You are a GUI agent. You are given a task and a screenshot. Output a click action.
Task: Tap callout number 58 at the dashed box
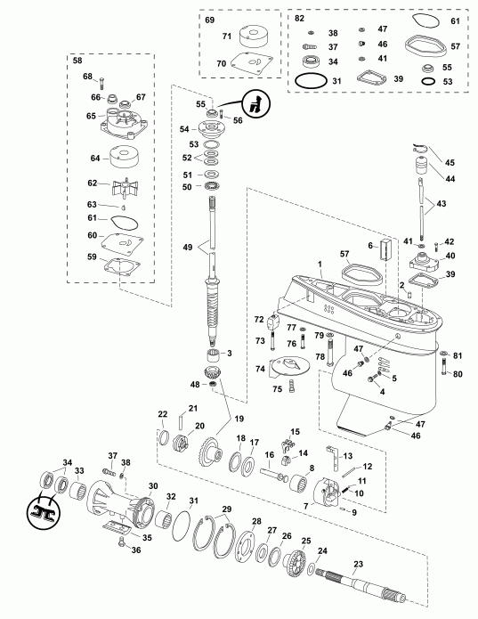76,61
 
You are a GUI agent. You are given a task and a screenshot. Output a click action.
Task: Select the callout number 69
210,19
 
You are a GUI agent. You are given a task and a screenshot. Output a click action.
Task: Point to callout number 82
298,19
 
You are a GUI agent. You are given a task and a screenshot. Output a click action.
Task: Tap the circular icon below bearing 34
41,509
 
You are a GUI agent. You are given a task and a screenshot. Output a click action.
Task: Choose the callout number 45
449,162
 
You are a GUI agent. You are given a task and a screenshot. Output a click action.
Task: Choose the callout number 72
259,318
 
